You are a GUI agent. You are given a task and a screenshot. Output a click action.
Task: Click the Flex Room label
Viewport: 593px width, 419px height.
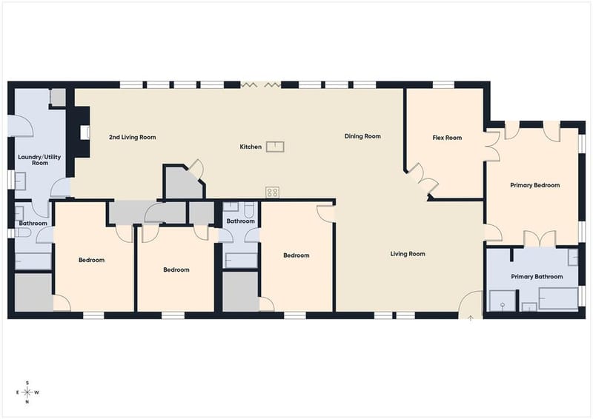pos(447,138)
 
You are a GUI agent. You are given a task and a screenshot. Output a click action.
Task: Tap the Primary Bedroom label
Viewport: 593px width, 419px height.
pos(534,185)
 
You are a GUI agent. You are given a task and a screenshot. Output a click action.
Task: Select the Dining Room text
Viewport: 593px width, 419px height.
pos(362,136)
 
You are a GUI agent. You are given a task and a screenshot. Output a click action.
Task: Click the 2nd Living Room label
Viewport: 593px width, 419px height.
pos(133,137)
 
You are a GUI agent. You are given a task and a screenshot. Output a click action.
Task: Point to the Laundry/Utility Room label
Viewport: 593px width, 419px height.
pos(39,160)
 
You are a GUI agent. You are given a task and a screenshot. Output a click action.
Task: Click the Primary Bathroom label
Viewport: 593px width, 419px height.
pos(537,277)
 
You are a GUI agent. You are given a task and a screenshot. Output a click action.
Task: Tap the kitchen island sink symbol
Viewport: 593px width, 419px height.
pos(275,147)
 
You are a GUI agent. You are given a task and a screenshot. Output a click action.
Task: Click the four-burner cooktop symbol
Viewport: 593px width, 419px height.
pos(272,192)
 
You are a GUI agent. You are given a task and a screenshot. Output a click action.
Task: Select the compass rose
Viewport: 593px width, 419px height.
pos(27,392)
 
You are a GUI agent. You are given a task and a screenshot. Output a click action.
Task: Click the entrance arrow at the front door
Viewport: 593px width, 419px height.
pos(471,318)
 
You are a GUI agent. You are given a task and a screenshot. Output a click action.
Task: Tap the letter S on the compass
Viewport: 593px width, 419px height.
pos(27,383)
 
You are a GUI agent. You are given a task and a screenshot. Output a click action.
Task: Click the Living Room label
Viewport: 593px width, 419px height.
pos(408,254)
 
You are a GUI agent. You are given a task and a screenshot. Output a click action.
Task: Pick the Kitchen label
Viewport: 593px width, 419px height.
pos(251,147)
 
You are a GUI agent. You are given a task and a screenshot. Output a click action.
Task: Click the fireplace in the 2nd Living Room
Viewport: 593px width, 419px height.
pos(85,132)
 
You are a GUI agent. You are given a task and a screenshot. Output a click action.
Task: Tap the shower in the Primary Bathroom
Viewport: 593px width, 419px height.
pos(503,301)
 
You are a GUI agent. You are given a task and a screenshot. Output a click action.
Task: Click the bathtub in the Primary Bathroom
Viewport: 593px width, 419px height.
pos(558,298)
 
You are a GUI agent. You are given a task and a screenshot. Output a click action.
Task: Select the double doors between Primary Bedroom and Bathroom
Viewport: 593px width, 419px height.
pos(540,239)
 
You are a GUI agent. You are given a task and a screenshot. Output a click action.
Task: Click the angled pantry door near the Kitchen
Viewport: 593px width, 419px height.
pos(197,170)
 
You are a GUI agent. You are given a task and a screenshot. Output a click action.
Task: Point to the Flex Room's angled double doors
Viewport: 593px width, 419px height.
pos(423,178)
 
